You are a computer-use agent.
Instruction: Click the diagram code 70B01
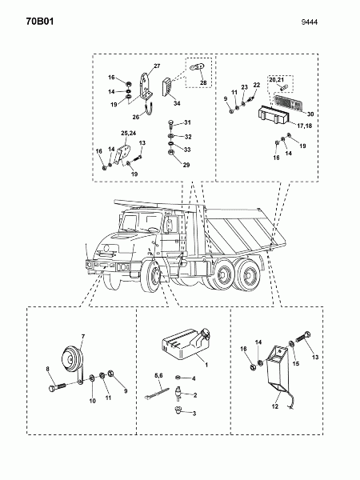point(40,22)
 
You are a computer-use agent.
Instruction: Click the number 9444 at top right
point(309,22)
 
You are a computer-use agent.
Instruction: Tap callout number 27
point(157,66)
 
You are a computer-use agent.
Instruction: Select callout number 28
point(203,82)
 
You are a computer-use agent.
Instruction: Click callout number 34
point(177,103)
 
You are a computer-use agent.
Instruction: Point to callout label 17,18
point(304,126)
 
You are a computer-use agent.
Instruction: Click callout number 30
point(310,114)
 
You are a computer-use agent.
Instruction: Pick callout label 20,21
point(277,79)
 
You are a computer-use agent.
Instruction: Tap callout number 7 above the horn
point(83,337)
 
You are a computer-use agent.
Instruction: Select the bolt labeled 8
point(58,387)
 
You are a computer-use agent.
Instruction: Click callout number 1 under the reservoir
point(206,365)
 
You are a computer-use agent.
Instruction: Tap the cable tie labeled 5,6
point(157,393)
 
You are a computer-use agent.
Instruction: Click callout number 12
point(275,406)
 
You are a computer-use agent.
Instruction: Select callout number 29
point(186,165)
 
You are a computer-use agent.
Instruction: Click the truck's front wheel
point(154,275)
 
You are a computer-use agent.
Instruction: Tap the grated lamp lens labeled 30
point(287,102)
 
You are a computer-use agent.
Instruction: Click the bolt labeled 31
point(171,124)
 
